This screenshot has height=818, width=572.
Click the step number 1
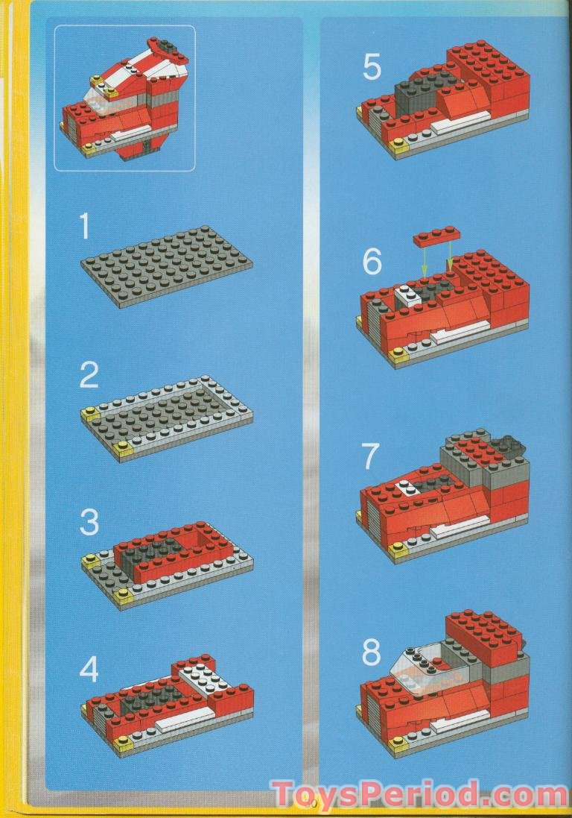pos(83,225)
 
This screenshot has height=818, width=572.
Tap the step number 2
pos(89,375)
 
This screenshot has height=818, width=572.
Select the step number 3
pos(89,523)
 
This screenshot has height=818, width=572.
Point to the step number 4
pos(89,670)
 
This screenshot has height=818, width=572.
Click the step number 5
pos(372,68)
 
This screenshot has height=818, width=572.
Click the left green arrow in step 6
pos(425,260)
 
